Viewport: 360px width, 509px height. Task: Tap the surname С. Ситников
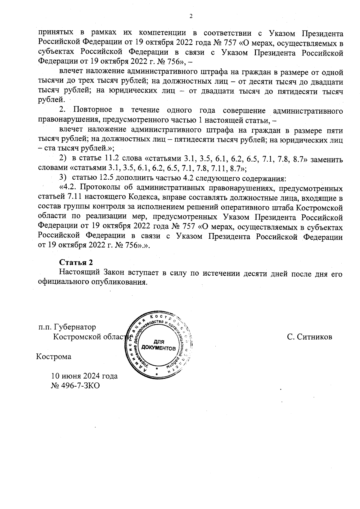click(309, 337)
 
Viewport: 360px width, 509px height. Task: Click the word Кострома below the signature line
click(54, 357)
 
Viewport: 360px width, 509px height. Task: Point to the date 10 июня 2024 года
click(84, 376)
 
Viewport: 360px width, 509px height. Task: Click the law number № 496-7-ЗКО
click(75, 385)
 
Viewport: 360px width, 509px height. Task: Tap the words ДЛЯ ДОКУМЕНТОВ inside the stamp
click(159, 345)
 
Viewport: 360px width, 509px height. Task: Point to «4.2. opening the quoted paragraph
click(69, 188)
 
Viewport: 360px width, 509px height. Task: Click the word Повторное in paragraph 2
click(93, 111)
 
